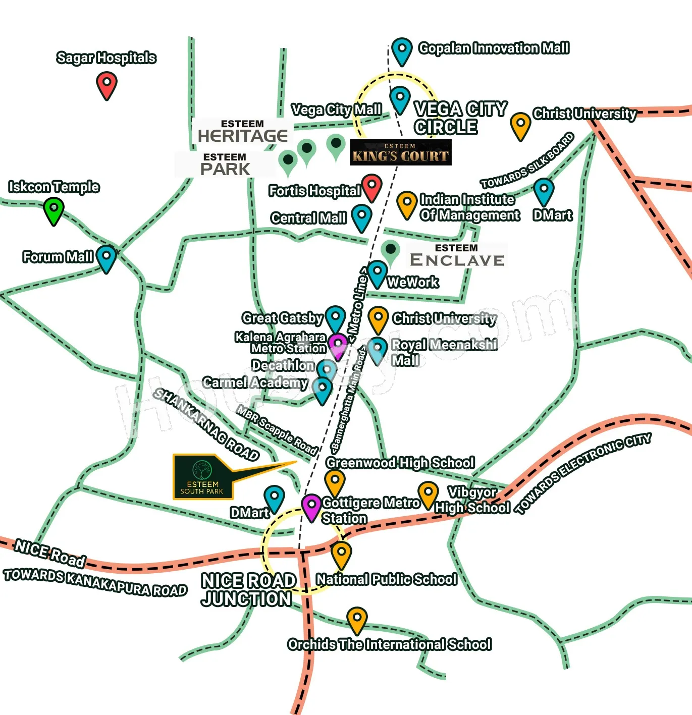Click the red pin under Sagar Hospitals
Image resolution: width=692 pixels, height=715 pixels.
click(x=107, y=86)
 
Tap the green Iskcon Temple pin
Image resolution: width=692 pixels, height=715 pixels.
click(x=54, y=211)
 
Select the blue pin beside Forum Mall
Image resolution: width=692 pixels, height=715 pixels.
click(x=106, y=259)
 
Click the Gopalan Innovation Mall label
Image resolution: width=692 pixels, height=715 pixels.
click(x=494, y=48)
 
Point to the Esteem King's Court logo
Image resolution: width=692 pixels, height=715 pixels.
click(x=401, y=152)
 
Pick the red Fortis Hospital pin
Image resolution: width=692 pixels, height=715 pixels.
click(x=371, y=188)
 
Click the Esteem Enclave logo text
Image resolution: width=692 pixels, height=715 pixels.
click(x=457, y=255)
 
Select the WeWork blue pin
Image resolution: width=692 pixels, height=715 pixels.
click(x=377, y=274)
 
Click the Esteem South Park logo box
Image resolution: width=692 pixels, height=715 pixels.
click(x=203, y=477)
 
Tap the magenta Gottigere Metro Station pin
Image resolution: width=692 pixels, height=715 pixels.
click(x=311, y=508)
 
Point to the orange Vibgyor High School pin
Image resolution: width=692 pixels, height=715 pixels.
click(x=428, y=496)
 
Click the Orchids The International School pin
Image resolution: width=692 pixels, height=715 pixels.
click(x=357, y=621)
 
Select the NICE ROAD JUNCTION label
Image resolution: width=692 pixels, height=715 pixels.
click(x=248, y=590)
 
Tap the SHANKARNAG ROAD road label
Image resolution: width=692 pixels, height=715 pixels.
click(x=206, y=424)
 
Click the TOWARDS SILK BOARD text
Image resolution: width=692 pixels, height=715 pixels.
click(x=527, y=160)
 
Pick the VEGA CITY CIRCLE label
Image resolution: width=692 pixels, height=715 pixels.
click(x=460, y=118)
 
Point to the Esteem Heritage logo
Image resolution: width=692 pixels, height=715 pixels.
click(x=243, y=131)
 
